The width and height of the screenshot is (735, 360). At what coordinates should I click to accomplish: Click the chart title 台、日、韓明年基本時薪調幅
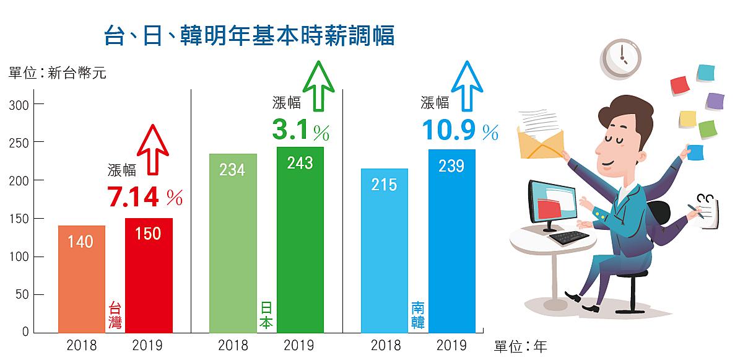click(x=250, y=35)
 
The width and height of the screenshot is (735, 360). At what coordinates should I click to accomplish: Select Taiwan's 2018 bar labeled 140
click(x=81, y=279)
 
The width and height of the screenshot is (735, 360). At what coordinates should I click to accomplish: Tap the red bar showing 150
click(x=149, y=275)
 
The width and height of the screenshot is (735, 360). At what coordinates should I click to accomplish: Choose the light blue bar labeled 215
click(x=384, y=250)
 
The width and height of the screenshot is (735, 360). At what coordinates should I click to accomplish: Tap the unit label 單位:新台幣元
click(x=58, y=74)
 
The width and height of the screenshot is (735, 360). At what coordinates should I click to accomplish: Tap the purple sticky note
click(x=715, y=102)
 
